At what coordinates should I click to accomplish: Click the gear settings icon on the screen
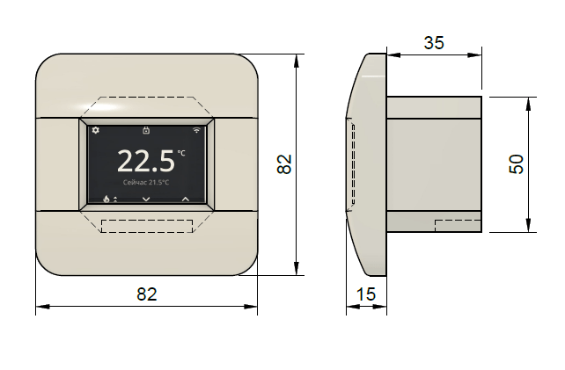(96, 130)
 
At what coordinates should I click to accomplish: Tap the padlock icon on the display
(146, 130)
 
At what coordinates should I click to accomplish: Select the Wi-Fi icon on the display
(196, 130)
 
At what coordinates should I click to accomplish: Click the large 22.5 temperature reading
(146, 161)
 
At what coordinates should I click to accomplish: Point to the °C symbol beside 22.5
(181, 153)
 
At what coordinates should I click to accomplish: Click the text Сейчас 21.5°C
(146, 183)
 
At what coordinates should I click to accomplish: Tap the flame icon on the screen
(106, 199)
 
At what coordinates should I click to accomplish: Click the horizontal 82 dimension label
(147, 294)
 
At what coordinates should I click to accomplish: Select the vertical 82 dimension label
(284, 164)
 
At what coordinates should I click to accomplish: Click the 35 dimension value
(434, 43)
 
